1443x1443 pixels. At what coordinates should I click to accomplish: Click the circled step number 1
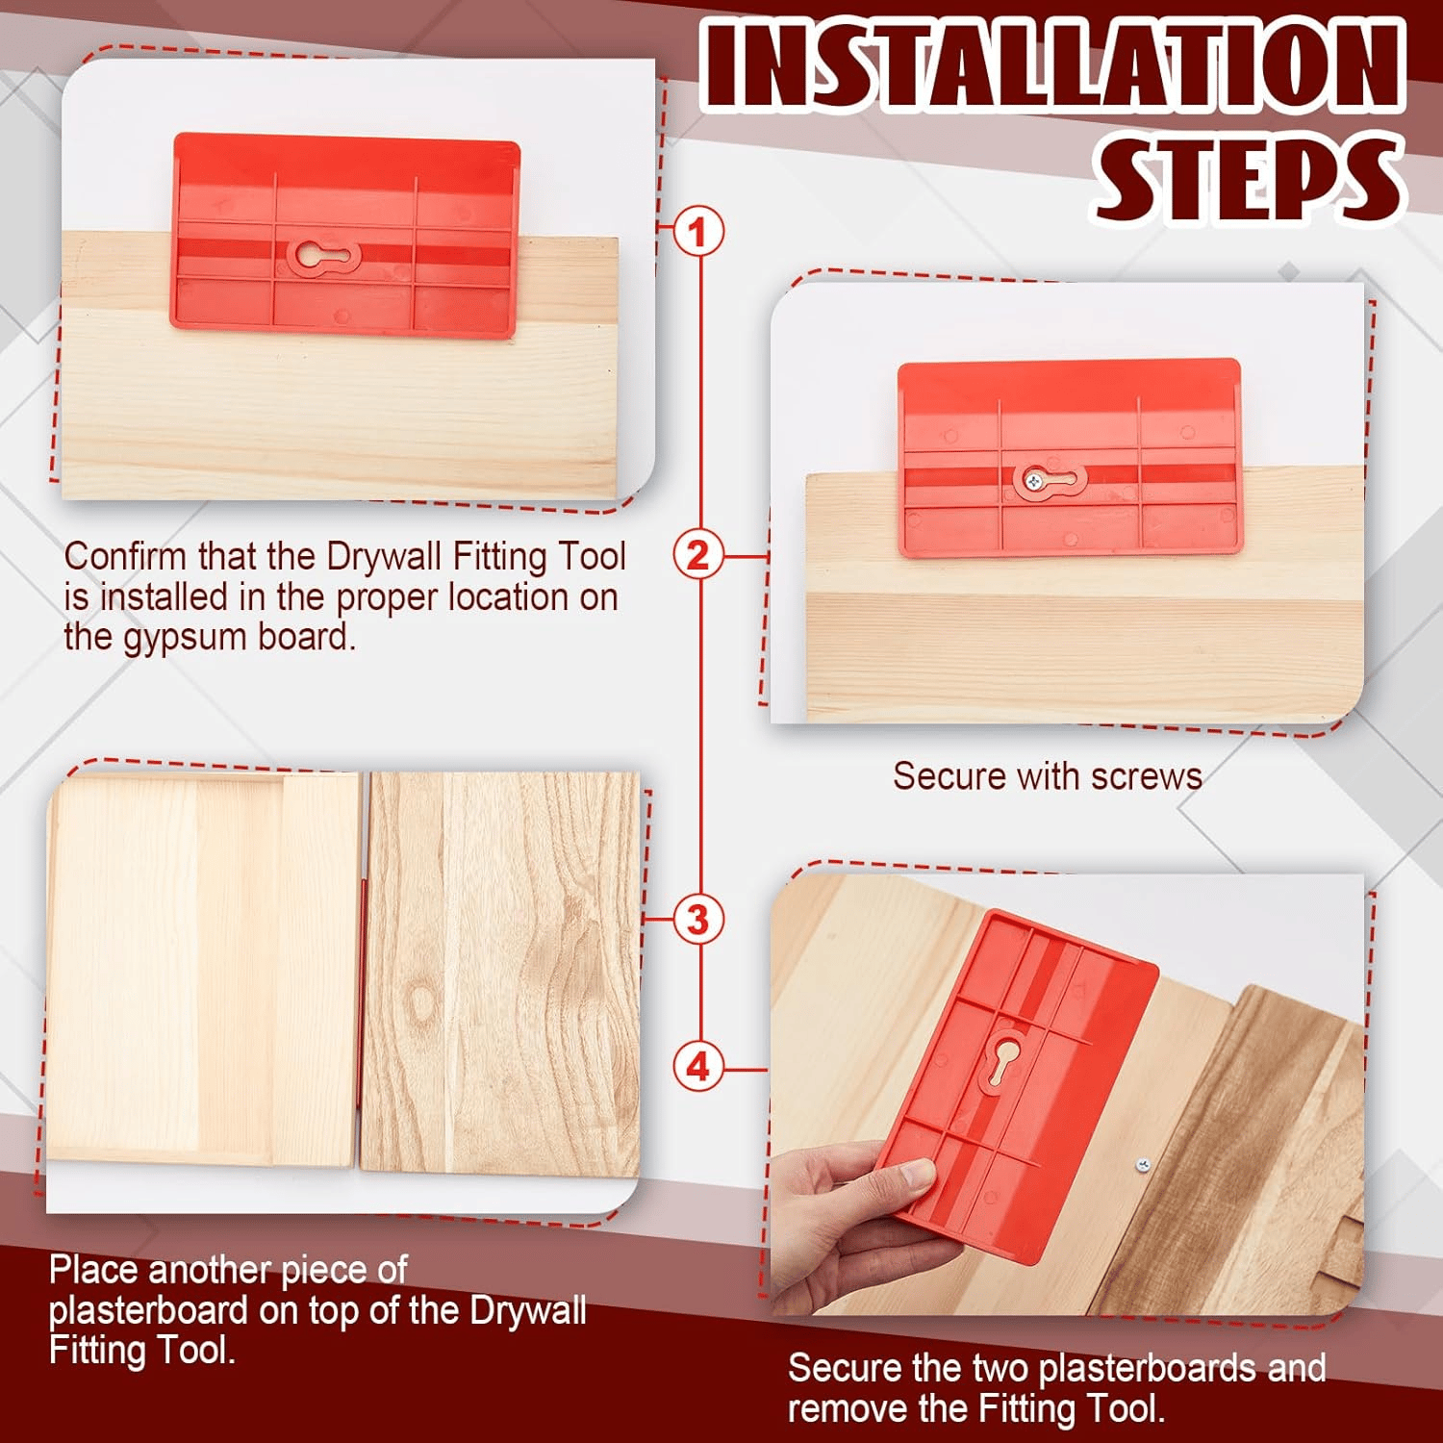pos(698,232)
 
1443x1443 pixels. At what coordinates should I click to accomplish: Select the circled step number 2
pos(698,555)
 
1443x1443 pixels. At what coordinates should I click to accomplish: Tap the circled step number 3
pos(698,919)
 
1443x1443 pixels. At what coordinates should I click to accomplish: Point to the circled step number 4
pos(698,1067)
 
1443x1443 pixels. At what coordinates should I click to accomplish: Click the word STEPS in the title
pos(1248,178)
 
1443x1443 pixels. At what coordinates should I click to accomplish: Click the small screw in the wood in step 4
pos(1142,1165)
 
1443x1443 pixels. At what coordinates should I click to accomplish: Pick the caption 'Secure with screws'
pos(1047,776)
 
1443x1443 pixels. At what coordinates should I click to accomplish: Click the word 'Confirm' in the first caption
pos(126,557)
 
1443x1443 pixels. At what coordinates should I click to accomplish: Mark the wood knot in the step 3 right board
pos(420,1000)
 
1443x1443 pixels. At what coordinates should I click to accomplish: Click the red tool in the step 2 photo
pos(1068,458)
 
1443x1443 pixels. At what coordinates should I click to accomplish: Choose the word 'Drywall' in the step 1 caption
pos(385,557)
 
